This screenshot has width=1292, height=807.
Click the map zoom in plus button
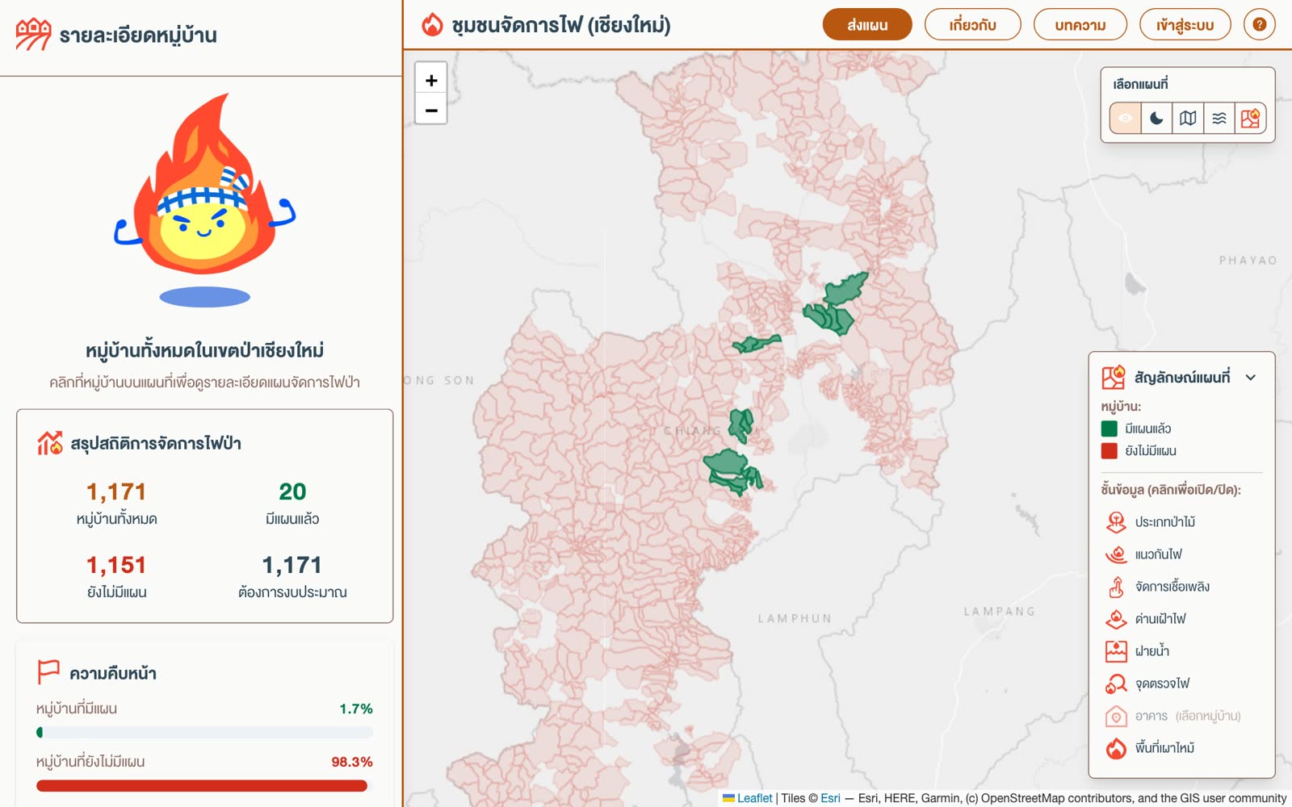pyautogui.click(x=431, y=80)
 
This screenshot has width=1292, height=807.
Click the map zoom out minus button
pyautogui.click(x=431, y=110)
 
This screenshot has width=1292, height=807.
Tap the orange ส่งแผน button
pyautogui.click(x=867, y=25)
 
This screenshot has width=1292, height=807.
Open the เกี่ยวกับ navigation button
pyautogui.click(x=972, y=25)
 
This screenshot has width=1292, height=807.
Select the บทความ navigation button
pyautogui.click(x=1080, y=25)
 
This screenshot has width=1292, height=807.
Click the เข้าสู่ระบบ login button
pyautogui.click(x=1185, y=25)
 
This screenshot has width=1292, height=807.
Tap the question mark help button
pyautogui.click(x=1259, y=25)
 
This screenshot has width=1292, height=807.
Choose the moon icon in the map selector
pyautogui.click(x=1156, y=118)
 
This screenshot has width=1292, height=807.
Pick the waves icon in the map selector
pyautogui.click(x=1219, y=118)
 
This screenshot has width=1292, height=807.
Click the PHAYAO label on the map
pyautogui.click(x=1248, y=261)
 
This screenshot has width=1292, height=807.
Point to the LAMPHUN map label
pyautogui.click(x=795, y=618)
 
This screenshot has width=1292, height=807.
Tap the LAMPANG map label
pyautogui.click(x=999, y=611)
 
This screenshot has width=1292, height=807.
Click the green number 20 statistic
pyautogui.click(x=292, y=491)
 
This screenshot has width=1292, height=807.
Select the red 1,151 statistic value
pyautogui.click(x=116, y=565)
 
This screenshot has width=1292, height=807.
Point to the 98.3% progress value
pyautogui.click(x=352, y=762)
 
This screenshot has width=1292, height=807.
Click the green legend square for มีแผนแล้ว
pyautogui.click(x=1109, y=429)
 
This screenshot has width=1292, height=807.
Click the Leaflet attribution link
pyautogui.click(x=754, y=798)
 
